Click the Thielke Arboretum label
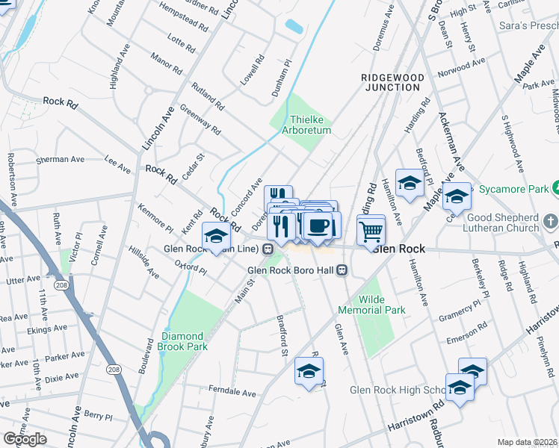(x=310, y=125)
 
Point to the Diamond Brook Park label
(x=184, y=342)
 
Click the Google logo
(x=25, y=439)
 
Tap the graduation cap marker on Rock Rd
(x=215, y=236)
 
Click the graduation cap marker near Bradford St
(x=309, y=370)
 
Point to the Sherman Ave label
(x=61, y=160)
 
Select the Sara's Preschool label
(x=529, y=25)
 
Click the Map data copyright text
(x=528, y=442)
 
